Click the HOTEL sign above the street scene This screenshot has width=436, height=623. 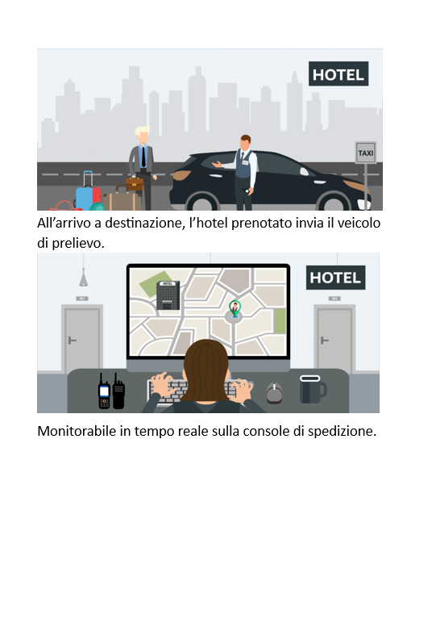tap(338, 73)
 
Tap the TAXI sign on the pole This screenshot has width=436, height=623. tap(365, 153)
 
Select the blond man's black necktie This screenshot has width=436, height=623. tap(143, 157)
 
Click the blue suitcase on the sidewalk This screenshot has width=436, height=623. tap(88, 195)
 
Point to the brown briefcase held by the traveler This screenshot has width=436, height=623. tap(134, 184)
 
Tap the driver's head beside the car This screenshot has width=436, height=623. tap(246, 143)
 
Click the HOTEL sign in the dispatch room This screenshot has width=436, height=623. tap(335, 278)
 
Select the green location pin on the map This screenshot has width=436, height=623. tap(235, 308)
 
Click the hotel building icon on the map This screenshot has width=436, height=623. tap(168, 295)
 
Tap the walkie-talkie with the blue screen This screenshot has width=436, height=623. tap(104, 392)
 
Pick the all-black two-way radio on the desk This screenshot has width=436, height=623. tap(118, 391)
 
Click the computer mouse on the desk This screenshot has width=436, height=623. tap(274, 393)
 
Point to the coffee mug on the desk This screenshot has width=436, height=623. tap(313, 389)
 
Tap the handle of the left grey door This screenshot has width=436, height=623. tap(72, 341)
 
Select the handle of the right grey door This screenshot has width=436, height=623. tap(324, 341)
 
